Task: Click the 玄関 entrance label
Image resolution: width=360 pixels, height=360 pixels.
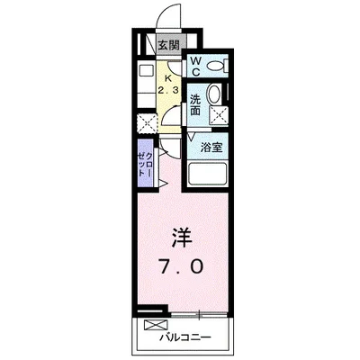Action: pos(169,44)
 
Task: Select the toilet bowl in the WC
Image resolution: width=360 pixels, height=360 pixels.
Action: pos(216,66)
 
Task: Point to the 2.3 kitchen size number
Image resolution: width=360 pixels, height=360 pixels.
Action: pos(168,90)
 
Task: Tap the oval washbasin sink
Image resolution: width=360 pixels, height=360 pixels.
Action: pos(213,96)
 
